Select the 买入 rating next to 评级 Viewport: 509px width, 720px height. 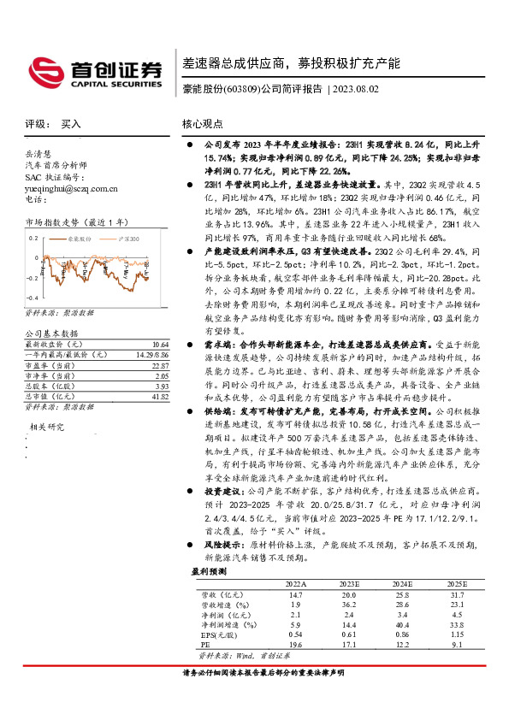pos(71,123)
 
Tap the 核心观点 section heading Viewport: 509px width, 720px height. pos(203,123)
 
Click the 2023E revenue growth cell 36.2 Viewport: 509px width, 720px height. pos(347,602)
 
